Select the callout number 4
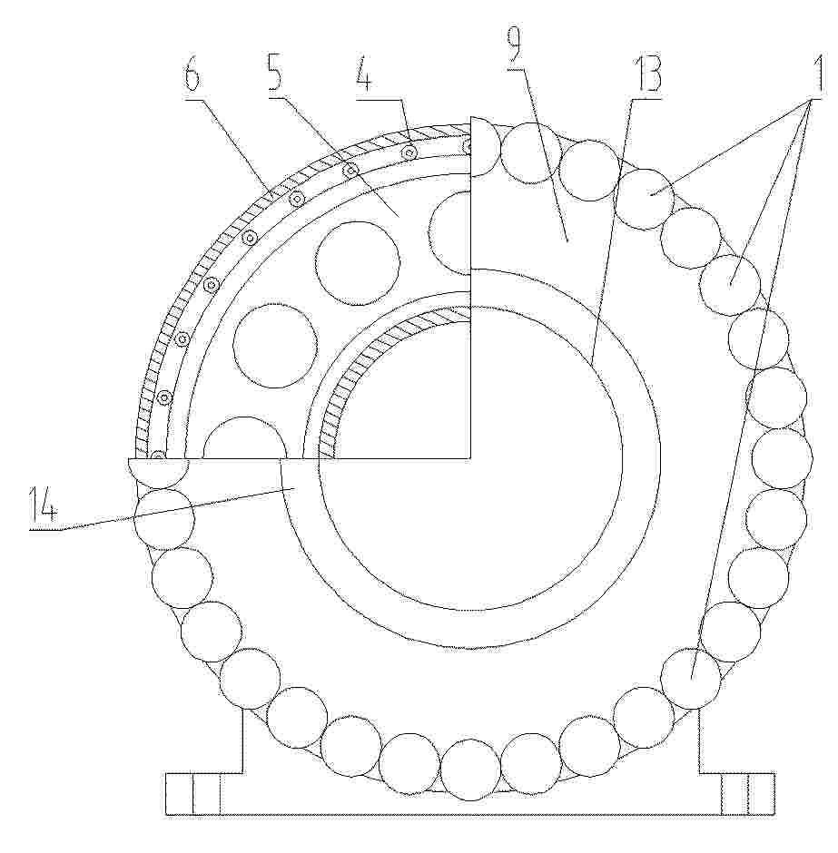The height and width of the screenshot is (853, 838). (364, 75)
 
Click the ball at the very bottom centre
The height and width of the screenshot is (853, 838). (470, 770)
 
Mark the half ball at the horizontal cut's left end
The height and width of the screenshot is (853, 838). (158, 472)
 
